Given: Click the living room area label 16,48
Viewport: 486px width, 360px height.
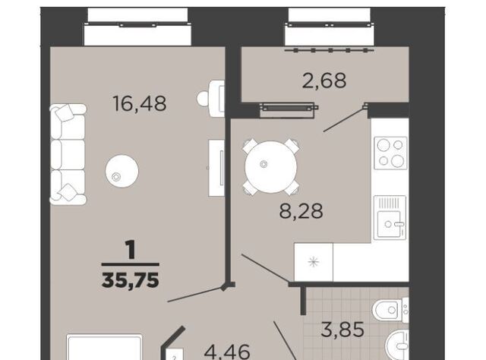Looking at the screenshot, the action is coord(140,103).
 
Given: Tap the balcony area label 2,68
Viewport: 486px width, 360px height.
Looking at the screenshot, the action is coord(324,81).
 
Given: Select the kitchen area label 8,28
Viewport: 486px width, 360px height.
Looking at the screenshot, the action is coord(301,211).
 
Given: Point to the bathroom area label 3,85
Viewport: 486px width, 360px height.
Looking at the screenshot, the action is coord(342,330).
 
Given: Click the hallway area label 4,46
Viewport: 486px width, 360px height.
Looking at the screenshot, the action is coord(227,352).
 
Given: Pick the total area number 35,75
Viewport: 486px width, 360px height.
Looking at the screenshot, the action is coord(131,280).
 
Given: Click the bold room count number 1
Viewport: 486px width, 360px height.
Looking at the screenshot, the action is coord(131,250).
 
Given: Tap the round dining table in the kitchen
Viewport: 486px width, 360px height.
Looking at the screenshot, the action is coord(271,167).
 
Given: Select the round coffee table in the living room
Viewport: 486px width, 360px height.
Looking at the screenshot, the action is coord(121,171).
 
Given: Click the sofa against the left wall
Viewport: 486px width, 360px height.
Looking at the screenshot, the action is coord(68,154).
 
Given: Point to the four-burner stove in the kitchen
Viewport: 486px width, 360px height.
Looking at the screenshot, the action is coord(390,153).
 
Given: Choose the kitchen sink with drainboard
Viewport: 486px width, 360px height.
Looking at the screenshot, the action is coord(390,218).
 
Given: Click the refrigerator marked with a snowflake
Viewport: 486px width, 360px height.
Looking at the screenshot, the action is coord(314,262).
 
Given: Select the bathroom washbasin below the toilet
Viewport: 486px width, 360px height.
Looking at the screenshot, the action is coord(397,345).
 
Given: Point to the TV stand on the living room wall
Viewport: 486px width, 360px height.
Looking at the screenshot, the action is coord(216,168).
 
